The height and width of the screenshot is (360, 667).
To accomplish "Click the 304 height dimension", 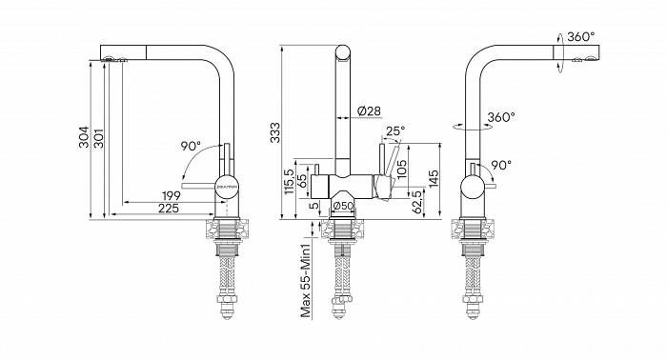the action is (x=84, y=137).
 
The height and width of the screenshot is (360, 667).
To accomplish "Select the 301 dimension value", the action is (x=99, y=138).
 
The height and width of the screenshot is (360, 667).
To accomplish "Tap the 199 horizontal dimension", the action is (x=171, y=196).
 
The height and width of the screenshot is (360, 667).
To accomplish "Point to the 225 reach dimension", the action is (x=169, y=209).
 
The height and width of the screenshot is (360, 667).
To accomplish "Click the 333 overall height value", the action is (x=275, y=132).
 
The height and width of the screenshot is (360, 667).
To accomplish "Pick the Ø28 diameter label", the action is (x=369, y=111).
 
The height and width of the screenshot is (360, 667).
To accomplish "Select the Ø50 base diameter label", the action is (x=343, y=206).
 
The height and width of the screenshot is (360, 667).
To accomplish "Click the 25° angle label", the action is (x=395, y=130).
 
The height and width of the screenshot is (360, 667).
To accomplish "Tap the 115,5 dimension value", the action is (x=290, y=182).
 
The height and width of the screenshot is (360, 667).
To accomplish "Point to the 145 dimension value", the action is (x=434, y=180).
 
